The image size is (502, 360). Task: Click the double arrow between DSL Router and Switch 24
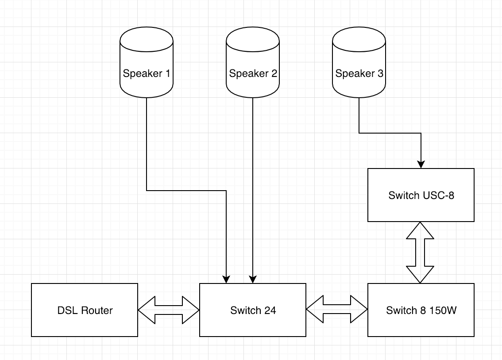(x=169, y=310)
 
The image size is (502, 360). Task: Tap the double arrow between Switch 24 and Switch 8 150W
(x=337, y=310)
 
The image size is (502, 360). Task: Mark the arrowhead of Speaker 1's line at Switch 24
(x=226, y=280)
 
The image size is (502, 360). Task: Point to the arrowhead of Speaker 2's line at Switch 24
(x=253, y=280)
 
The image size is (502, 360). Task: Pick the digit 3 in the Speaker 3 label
(x=380, y=73)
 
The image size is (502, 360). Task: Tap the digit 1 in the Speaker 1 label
(x=167, y=73)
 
